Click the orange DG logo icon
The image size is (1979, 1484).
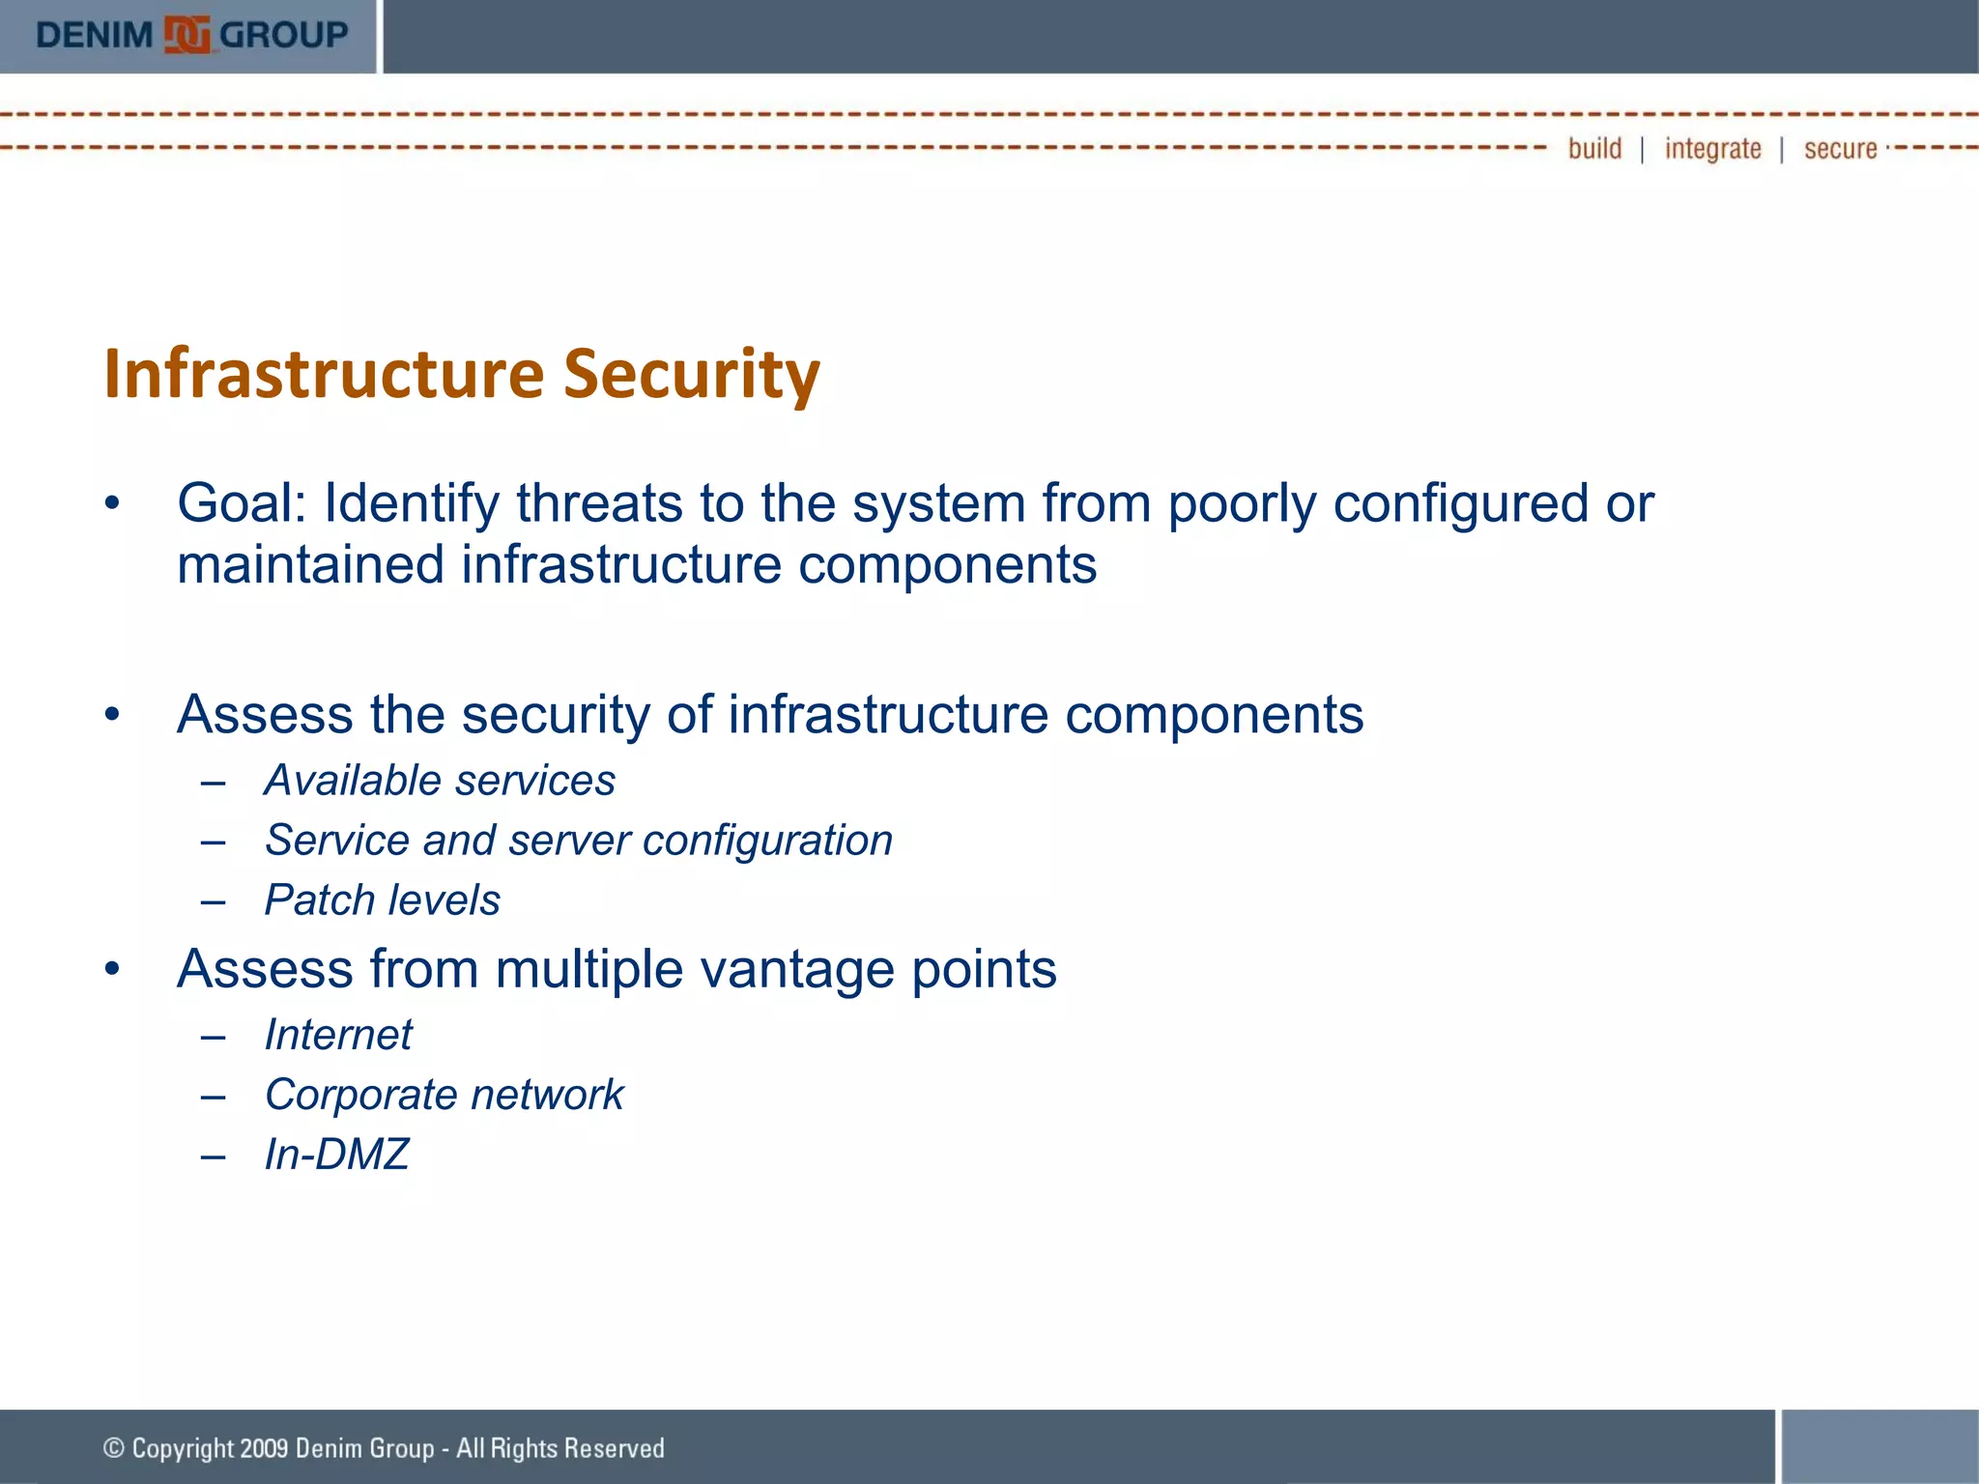[186, 36]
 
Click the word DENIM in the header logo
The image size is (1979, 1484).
[94, 36]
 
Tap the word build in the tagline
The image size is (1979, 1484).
[1594, 149]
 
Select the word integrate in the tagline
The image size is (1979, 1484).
[1712, 149]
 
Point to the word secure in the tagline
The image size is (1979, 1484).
[1840, 149]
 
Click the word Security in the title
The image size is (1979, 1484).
[691, 374]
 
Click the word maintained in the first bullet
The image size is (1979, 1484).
[310, 564]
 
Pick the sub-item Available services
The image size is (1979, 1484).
[440, 781]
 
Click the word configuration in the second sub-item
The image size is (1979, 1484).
[767, 841]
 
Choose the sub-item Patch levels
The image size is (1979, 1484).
[383, 900]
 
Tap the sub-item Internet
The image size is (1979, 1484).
[338, 1035]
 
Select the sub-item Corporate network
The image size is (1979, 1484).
[445, 1095]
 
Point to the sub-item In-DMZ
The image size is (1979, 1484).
[336, 1155]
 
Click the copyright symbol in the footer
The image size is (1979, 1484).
[114, 1448]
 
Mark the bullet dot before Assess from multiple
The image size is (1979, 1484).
[113, 969]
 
